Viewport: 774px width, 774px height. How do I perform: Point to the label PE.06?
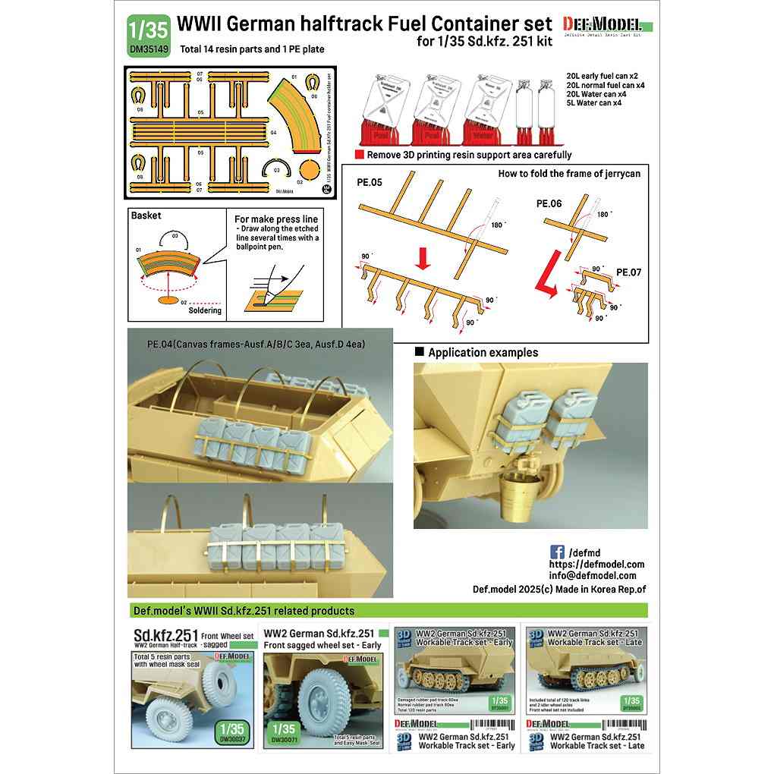[549, 204]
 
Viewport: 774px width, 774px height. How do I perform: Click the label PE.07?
[630, 271]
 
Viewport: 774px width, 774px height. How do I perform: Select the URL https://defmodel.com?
[596, 564]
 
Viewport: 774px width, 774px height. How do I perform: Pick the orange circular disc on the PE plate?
[310, 168]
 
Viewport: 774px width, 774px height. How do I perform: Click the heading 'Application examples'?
[483, 352]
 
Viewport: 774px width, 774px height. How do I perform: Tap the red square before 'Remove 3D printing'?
[360, 154]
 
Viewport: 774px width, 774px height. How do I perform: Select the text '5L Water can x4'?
[594, 102]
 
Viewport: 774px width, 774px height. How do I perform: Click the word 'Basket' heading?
[146, 216]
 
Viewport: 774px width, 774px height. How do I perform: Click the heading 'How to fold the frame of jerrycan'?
[569, 174]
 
